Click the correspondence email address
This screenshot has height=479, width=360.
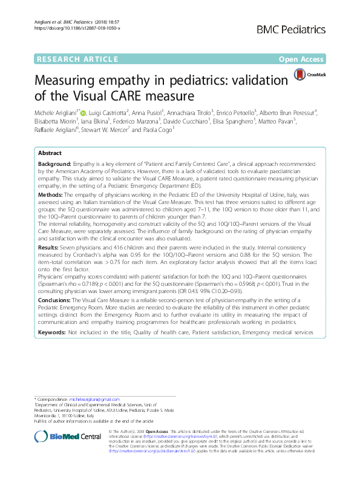85,400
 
